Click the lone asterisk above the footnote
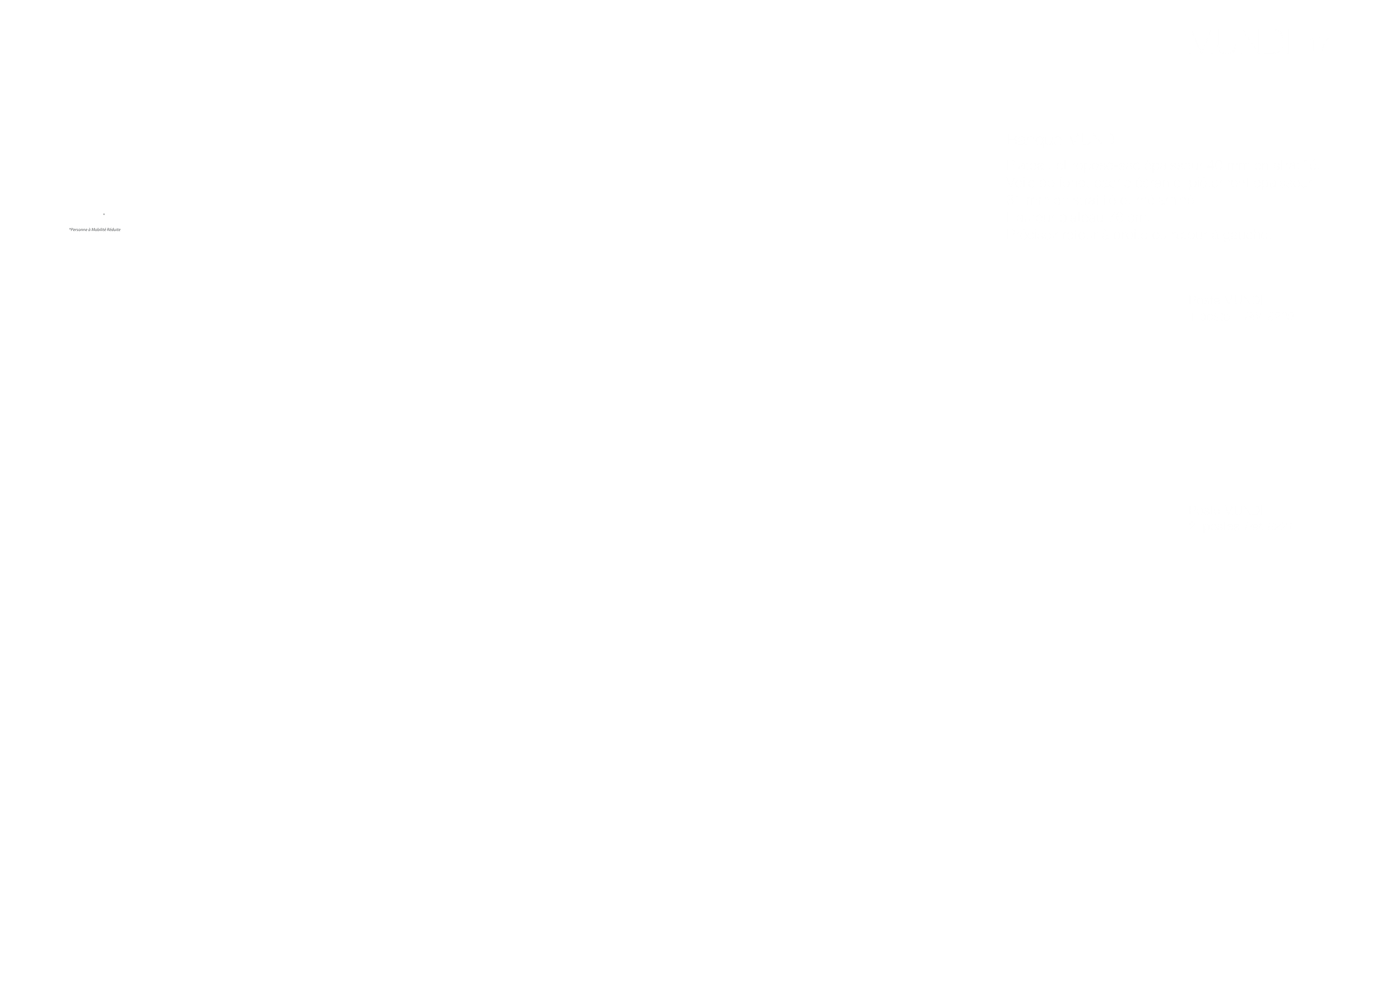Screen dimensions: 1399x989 click(x=104, y=215)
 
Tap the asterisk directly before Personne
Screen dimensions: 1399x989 click(x=70, y=229)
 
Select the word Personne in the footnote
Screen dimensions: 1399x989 click(x=79, y=230)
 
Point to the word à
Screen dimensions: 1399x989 click(x=90, y=230)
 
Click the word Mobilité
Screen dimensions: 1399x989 click(x=99, y=230)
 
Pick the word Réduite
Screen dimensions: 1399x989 click(x=114, y=230)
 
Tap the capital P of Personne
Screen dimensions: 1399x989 click(x=72, y=230)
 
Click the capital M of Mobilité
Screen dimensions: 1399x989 click(x=93, y=230)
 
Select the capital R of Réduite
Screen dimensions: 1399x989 click(x=109, y=230)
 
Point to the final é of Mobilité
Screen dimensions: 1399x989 click(x=105, y=230)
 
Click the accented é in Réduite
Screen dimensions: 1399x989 click(x=111, y=230)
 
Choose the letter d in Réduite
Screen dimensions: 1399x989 click(x=113, y=230)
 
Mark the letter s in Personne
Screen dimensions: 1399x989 click(x=77, y=230)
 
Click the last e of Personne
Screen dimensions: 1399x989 click(x=86, y=230)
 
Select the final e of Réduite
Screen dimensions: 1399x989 click(x=119, y=230)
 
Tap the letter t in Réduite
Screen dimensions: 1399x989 click(x=118, y=230)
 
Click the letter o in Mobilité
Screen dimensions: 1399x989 click(x=96, y=230)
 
